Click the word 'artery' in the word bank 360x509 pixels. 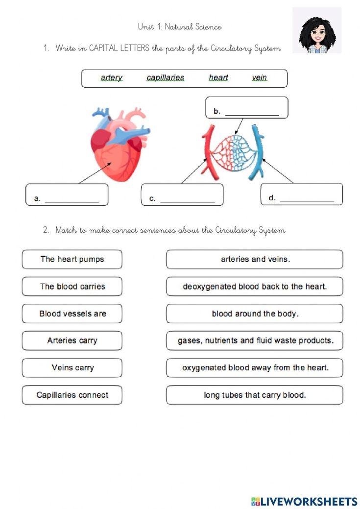click(111, 77)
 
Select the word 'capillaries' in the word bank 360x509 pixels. click(166, 77)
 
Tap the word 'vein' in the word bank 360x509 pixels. click(259, 77)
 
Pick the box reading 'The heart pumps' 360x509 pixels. click(72, 259)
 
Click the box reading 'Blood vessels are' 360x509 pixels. click(72, 314)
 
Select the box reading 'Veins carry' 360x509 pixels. click(72, 368)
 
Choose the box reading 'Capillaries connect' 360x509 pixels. click(72, 395)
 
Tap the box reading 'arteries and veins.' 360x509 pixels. click(255, 259)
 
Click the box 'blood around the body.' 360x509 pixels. click(255, 314)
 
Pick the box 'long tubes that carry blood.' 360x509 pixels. click(255, 395)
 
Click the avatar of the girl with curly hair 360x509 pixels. click(316, 30)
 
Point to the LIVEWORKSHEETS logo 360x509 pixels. click(304, 501)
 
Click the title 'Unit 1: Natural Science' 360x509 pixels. click(180, 27)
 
